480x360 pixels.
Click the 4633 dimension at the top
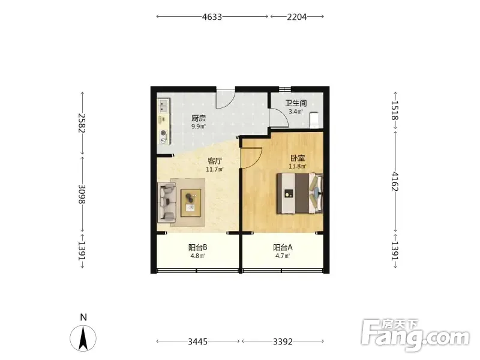tap(212, 17)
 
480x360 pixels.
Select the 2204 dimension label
tap(296, 17)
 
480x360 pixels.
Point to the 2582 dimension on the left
tap(82, 123)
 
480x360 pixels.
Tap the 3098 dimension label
tap(82, 194)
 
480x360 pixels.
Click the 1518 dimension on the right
tap(395, 110)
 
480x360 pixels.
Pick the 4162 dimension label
tap(395, 181)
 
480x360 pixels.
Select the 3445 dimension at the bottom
tap(198, 341)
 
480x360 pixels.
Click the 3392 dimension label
tap(283, 341)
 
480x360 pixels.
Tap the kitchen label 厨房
tap(199, 118)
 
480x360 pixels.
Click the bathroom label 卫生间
tap(296, 103)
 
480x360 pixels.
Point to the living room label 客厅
tap(215, 161)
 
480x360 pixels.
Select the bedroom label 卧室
tap(298, 158)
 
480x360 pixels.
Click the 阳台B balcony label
tap(198, 247)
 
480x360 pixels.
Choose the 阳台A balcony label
tap(283, 247)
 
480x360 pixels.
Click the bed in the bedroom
tap(299, 193)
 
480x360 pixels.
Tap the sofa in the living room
tap(167, 203)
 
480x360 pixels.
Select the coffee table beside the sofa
tap(191, 203)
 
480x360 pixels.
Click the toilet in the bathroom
tap(314, 120)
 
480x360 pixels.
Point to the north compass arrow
tap(83, 338)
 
